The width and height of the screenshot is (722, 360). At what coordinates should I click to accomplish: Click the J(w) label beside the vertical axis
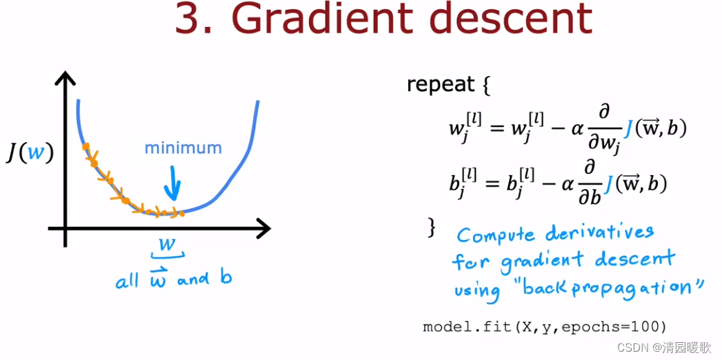[x=30, y=152]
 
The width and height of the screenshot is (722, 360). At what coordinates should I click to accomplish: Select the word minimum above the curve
[x=183, y=148]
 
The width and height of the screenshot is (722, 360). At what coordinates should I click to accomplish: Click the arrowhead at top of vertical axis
[x=65, y=80]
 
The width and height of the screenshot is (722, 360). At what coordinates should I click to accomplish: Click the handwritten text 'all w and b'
[x=173, y=280]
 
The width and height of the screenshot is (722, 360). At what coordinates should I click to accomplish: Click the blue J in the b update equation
[x=608, y=183]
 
